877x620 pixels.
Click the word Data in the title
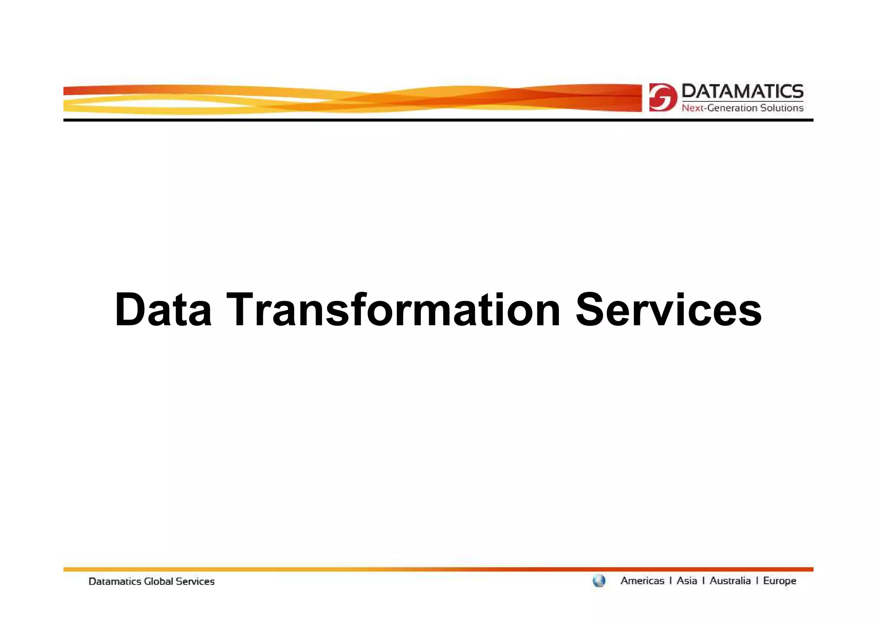coord(163,309)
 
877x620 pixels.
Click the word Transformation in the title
coord(393,309)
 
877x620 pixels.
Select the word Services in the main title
coord(668,309)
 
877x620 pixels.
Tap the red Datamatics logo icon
coord(662,97)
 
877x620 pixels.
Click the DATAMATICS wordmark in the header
coord(742,91)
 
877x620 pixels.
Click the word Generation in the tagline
coord(732,108)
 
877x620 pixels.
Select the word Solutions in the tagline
coord(782,108)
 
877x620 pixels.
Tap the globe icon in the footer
coord(599,581)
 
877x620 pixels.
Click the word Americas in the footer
coord(642,581)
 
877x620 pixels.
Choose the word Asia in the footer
coord(686,581)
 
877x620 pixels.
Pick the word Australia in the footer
coord(730,581)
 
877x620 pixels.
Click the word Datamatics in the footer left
coord(114,581)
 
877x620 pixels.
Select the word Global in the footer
coord(158,581)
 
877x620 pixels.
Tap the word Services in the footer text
coord(195,581)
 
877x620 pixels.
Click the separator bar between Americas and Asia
coord(671,581)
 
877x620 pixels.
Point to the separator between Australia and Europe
coord(757,581)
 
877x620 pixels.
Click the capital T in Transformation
coord(243,309)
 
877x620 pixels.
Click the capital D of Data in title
coord(131,309)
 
